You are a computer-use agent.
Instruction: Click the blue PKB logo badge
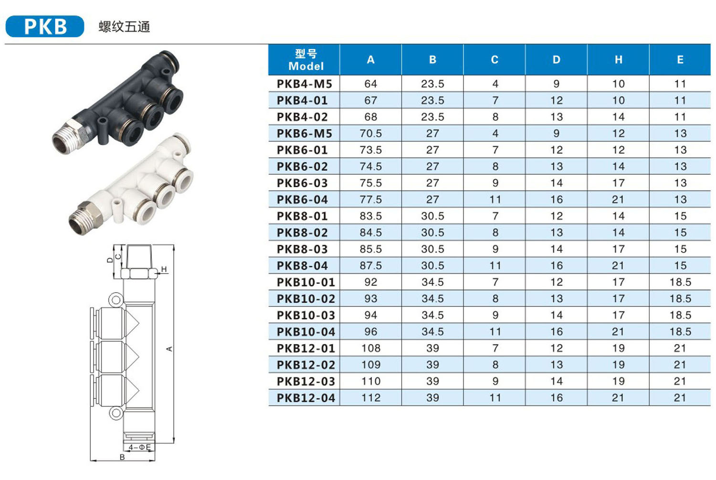[45, 26]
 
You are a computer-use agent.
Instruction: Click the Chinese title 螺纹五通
[124, 27]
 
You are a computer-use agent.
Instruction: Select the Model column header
[306, 60]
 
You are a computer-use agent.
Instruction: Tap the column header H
[618, 60]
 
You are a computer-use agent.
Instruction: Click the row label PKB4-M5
[305, 84]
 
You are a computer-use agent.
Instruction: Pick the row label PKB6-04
[302, 200]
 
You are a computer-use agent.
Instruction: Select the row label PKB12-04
[306, 398]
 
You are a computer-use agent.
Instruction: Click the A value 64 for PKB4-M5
[370, 84]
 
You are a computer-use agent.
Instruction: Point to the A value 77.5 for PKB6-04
[370, 200]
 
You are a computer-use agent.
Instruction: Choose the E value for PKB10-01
[680, 282]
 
